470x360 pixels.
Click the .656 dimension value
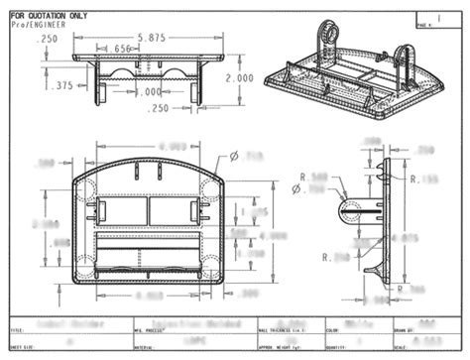pos(123,48)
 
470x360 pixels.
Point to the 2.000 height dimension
pos(239,77)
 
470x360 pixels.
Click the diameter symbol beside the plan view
pos(234,156)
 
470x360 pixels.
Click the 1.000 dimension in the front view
pos(147,92)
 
